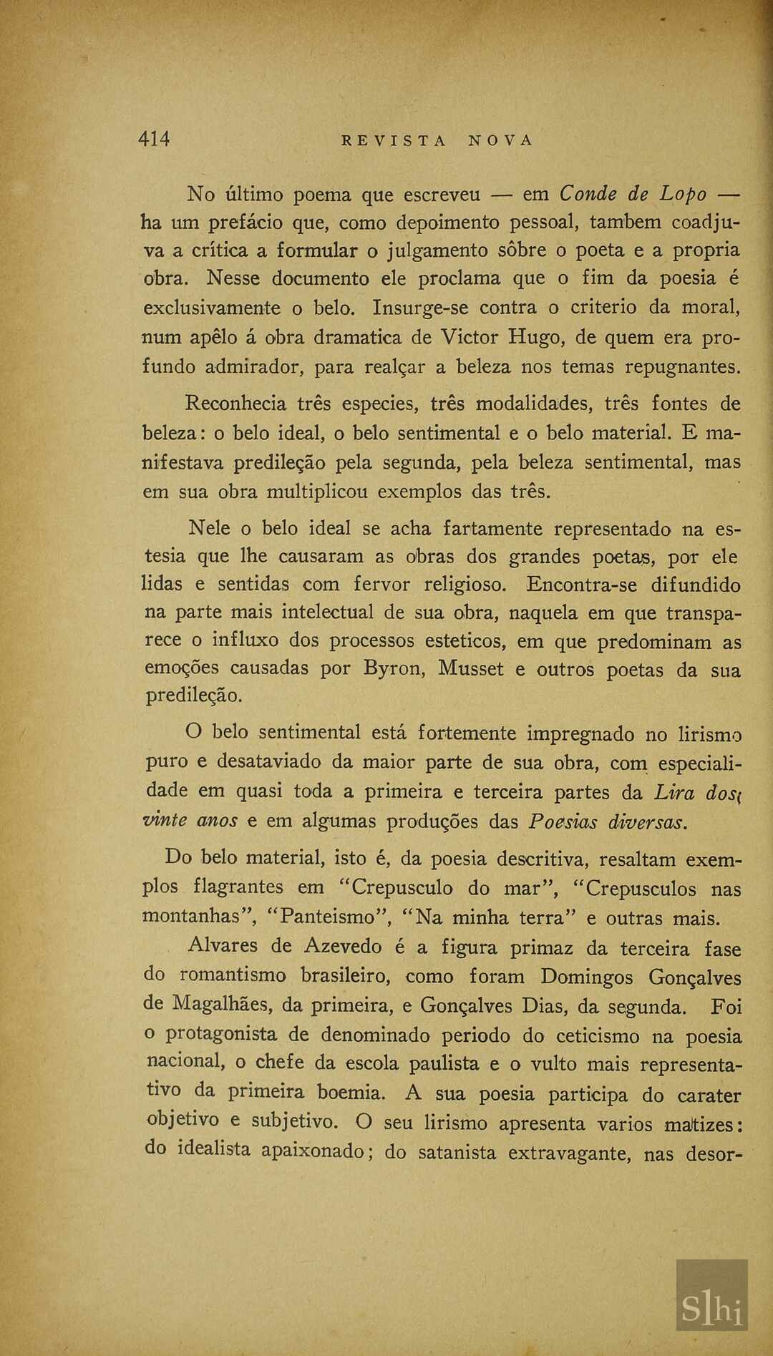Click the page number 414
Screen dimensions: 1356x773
(x=154, y=139)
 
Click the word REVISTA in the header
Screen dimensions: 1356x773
(x=394, y=141)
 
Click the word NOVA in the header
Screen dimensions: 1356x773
(x=501, y=141)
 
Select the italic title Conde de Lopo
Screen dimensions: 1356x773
(x=633, y=194)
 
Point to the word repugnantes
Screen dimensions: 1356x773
(x=683, y=366)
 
